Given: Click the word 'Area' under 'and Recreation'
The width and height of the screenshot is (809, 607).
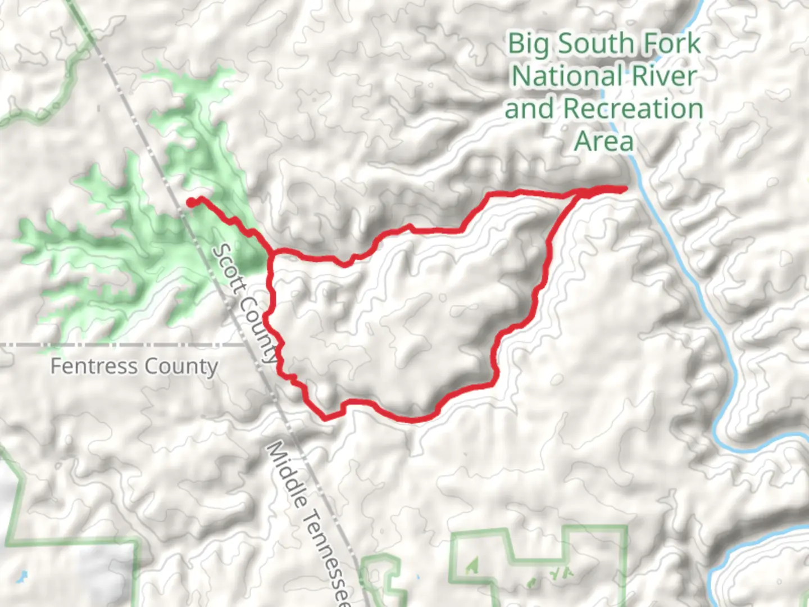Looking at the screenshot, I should pyautogui.click(x=604, y=141).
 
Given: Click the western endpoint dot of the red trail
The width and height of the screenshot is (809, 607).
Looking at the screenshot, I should pyautogui.click(x=191, y=203).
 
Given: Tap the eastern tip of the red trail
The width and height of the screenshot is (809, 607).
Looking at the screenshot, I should pyautogui.click(x=625, y=189).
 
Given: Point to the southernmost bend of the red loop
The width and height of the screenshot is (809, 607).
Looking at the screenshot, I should pyautogui.click(x=413, y=419).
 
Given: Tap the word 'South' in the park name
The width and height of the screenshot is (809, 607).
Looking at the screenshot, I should pyautogui.click(x=597, y=44).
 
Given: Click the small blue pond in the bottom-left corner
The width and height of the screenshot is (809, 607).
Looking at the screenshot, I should pyautogui.click(x=22, y=576).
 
